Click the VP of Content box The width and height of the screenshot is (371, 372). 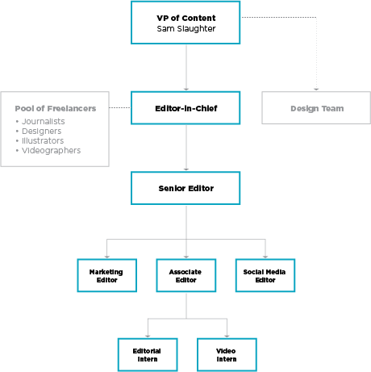(185, 23)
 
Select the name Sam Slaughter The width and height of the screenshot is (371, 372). (186, 29)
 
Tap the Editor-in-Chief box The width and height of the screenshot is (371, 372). (185, 108)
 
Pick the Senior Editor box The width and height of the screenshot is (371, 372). (185, 188)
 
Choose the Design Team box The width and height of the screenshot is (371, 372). (316, 108)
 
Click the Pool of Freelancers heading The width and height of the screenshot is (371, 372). (56, 108)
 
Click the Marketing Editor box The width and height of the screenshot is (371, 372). (107, 275)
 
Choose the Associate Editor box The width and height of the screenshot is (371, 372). (186, 275)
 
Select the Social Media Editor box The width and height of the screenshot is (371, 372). (265, 275)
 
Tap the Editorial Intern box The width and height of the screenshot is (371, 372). (148, 355)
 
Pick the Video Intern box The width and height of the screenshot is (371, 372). (227, 355)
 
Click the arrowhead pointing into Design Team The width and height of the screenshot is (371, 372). (316, 90)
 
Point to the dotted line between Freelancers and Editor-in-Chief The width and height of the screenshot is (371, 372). (120, 107)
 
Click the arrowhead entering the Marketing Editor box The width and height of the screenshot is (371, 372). (107, 257)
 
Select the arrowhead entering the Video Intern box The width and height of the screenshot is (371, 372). (227, 336)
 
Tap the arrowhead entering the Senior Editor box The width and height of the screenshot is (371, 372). (186, 169)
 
